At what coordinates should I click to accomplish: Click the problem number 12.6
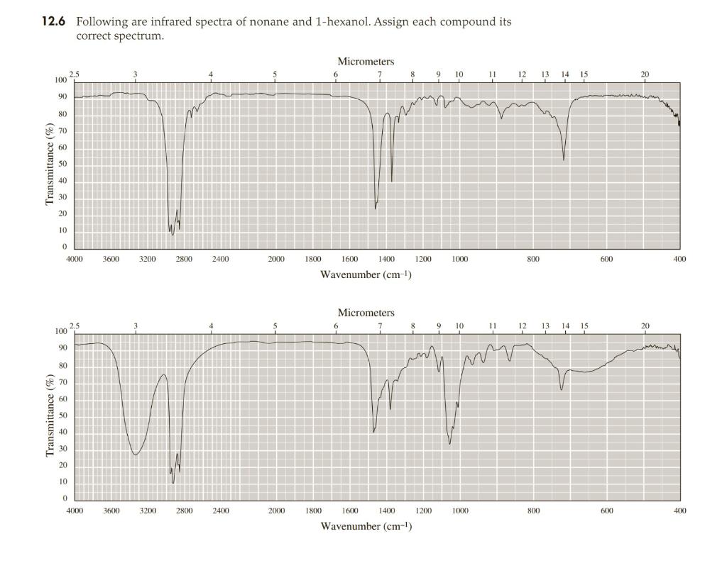point(52,22)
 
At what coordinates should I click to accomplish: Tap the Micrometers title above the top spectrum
point(366,62)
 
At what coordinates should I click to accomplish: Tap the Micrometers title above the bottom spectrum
point(366,313)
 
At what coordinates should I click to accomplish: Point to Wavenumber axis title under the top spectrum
point(366,274)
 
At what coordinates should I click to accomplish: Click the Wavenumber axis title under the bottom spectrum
point(366,525)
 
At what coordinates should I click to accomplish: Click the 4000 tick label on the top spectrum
point(75,260)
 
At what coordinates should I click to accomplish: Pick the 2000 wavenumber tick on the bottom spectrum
point(276,511)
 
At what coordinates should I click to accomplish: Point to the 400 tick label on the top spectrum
point(679,260)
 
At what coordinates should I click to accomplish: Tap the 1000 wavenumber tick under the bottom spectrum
point(459,511)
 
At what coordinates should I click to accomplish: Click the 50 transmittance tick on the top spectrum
point(63,165)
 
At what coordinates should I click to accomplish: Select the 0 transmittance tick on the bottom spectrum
point(65,499)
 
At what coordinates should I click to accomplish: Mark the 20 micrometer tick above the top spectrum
point(644,74)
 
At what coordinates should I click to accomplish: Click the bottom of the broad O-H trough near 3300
point(136,454)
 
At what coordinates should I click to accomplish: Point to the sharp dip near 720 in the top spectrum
point(564,160)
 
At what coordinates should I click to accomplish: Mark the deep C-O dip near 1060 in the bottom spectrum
point(449,443)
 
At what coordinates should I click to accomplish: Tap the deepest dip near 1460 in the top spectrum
point(376,208)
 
